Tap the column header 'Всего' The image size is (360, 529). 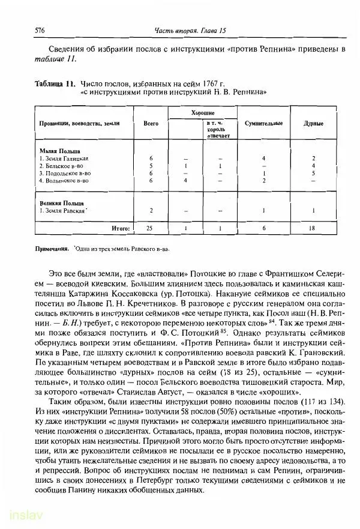[151, 124]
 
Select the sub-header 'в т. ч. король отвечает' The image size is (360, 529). [215, 129]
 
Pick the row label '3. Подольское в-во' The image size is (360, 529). [64, 173]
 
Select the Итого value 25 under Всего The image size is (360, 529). [151, 229]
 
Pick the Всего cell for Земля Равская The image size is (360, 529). [151, 211]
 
